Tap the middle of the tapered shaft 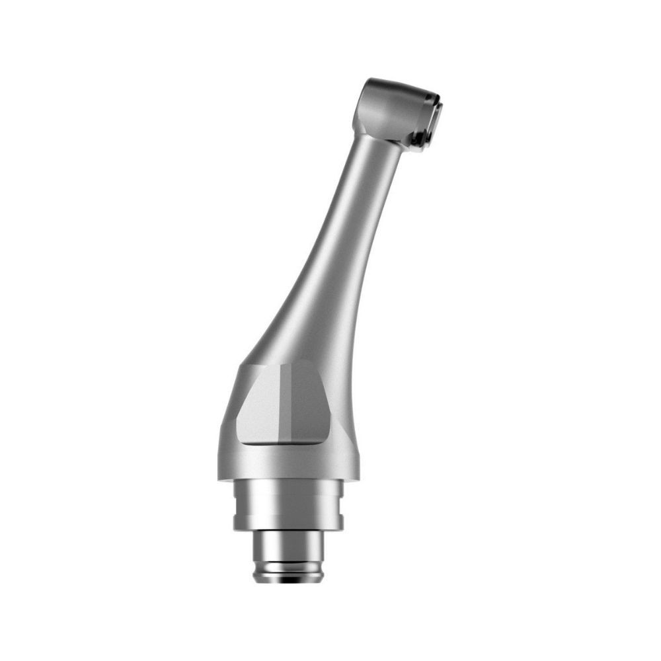pyautogui.click(x=337, y=264)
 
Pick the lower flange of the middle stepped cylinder pyautogui.click(x=288, y=522)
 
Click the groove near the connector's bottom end pyautogui.click(x=288, y=568)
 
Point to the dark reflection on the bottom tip pyautogui.click(x=288, y=580)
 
